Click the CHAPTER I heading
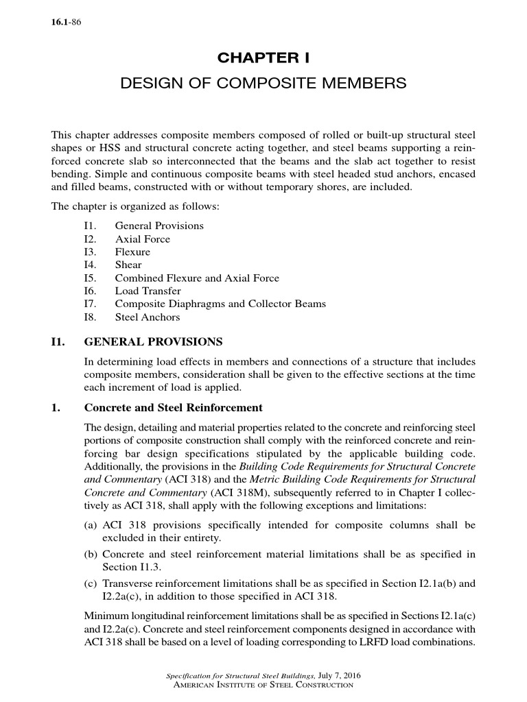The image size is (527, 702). pos(263,58)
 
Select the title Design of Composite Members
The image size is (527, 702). pos(263,84)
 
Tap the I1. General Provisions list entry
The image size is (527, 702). pos(159,226)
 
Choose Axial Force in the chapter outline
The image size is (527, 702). pos(142,239)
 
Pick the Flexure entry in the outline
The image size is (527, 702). pos(132,252)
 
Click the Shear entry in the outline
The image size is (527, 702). pos(128,265)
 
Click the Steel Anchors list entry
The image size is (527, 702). pos(147,317)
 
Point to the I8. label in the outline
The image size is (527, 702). pos(89,317)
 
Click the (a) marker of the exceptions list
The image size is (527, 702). pos(92,525)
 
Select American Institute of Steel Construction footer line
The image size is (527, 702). pos(264,686)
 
